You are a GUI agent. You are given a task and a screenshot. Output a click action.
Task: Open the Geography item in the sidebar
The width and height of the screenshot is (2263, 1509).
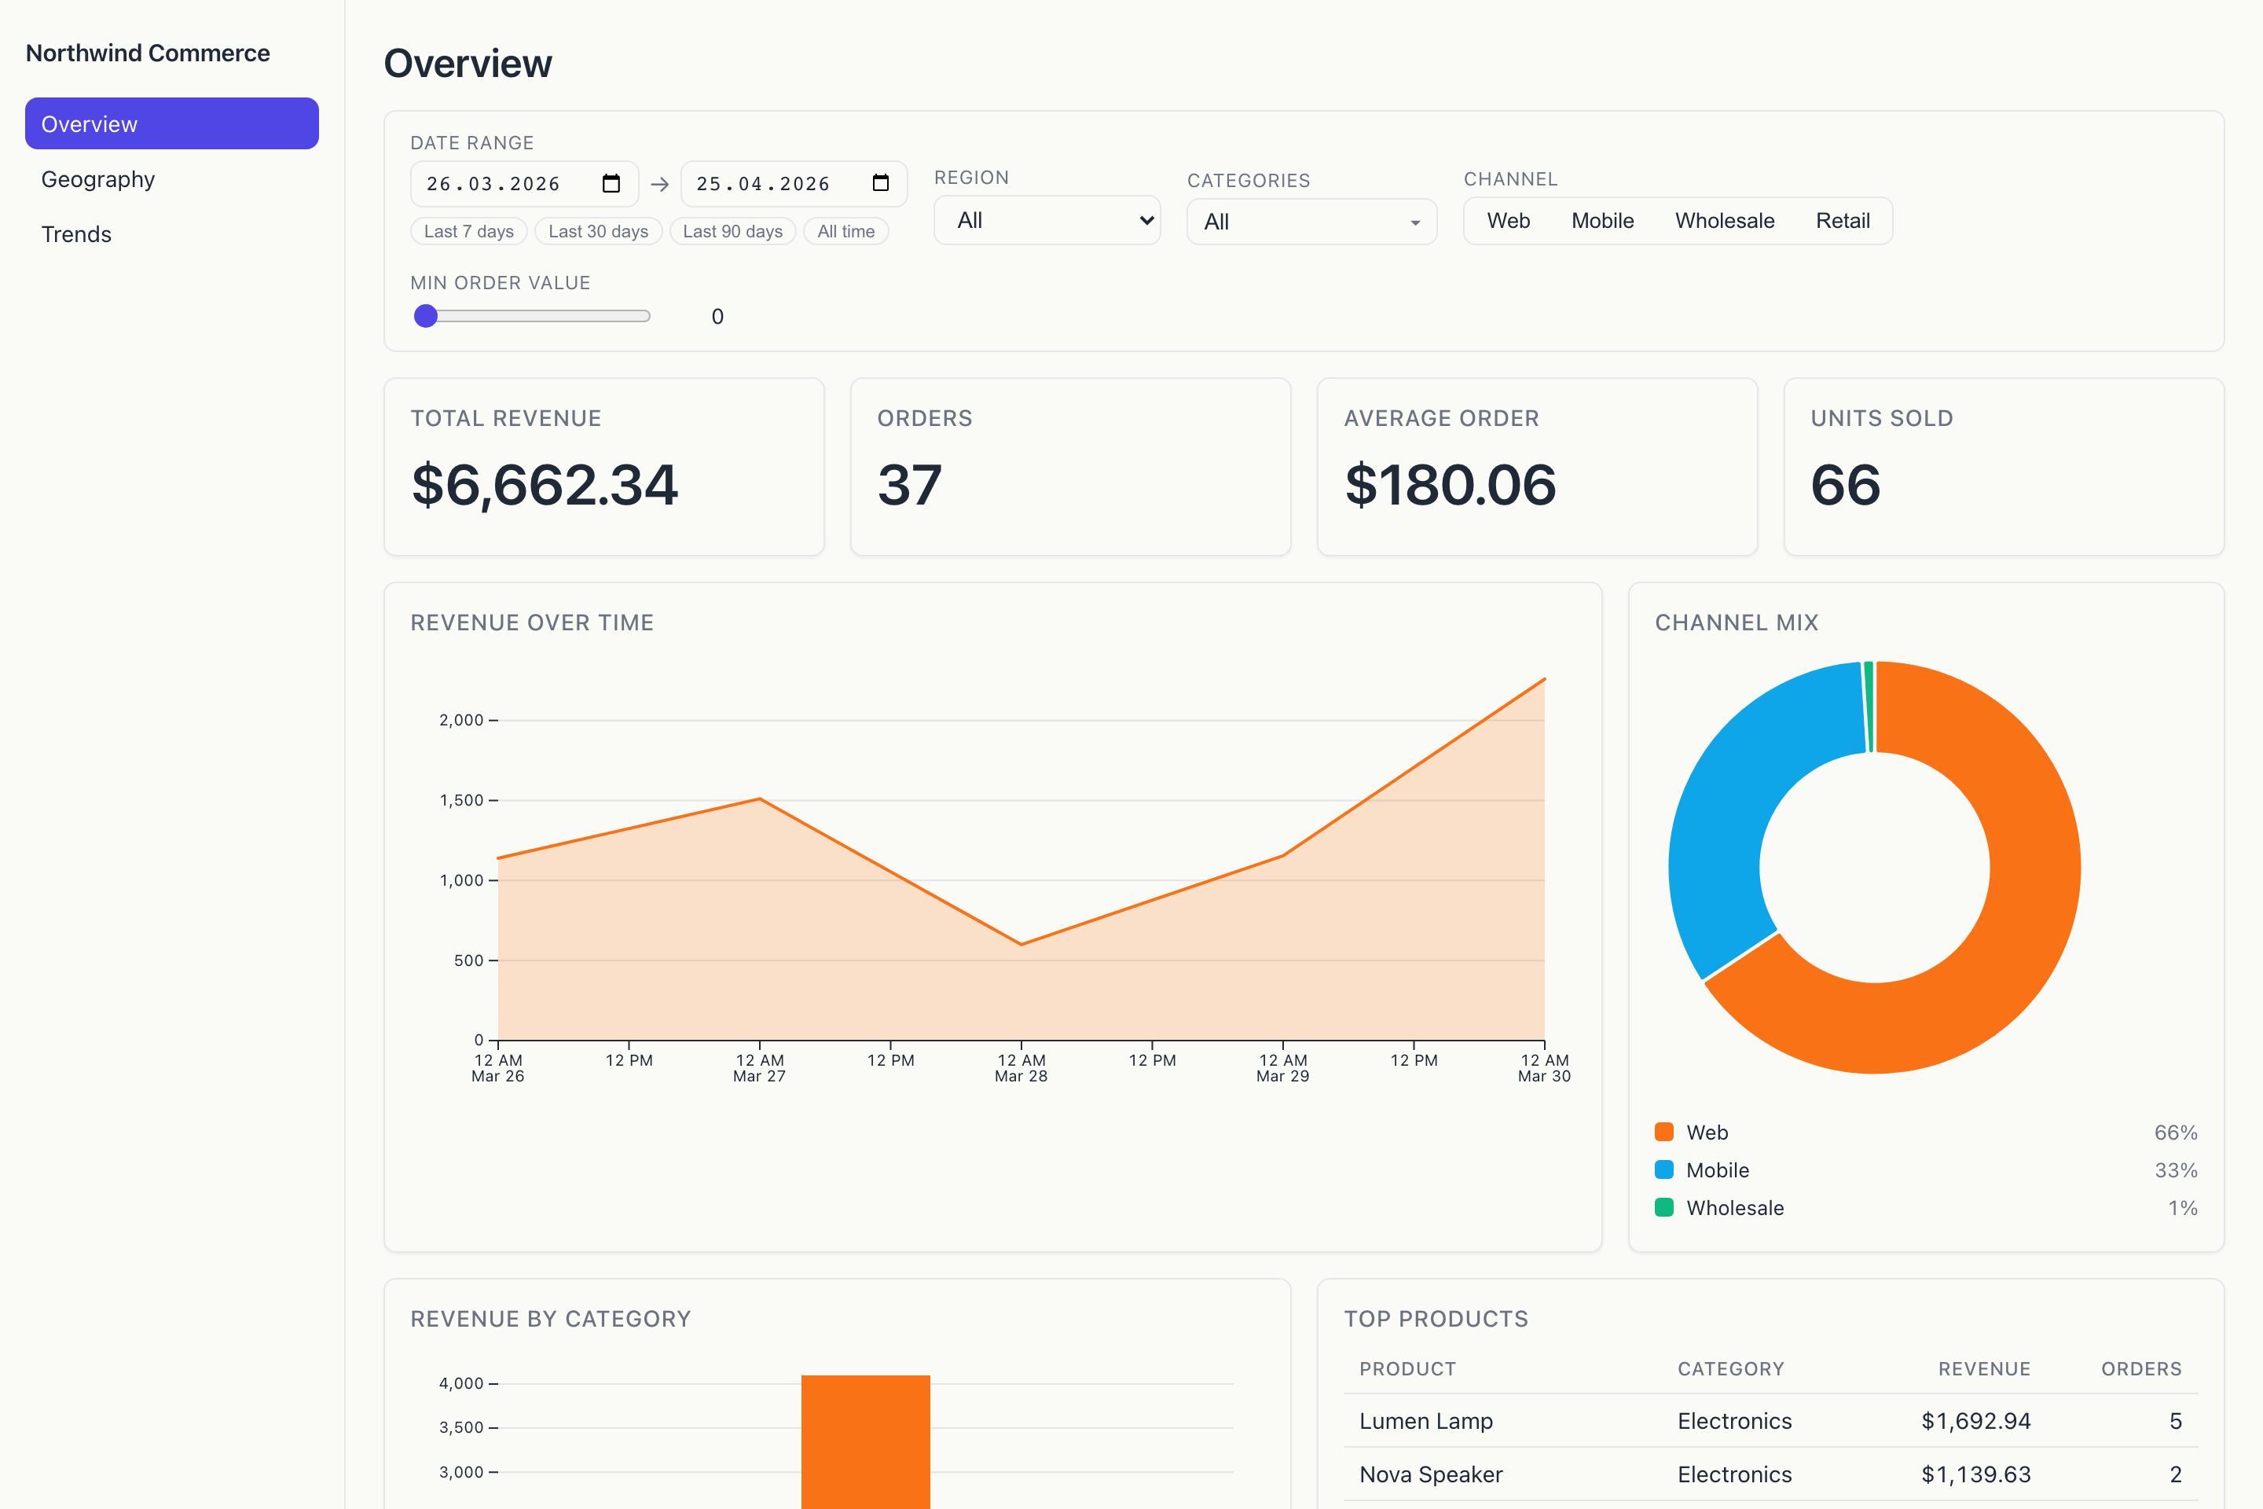(97, 179)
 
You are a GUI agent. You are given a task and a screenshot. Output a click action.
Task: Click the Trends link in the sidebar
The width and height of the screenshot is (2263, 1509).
(76, 234)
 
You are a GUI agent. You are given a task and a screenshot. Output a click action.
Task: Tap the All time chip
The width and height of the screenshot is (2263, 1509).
(845, 231)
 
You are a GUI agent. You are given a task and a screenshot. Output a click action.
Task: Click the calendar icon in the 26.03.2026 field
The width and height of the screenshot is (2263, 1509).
(611, 183)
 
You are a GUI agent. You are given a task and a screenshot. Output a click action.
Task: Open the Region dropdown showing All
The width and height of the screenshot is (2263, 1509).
(1046, 220)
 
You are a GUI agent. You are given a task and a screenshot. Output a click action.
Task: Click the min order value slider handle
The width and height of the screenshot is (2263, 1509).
(425, 316)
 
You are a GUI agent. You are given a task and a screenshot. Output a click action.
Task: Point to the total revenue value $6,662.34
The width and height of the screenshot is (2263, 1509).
(545, 484)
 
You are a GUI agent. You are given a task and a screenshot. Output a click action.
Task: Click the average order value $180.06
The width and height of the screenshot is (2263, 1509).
(1449, 484)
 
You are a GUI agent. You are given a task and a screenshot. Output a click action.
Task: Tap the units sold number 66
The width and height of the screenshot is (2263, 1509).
(1844, 484)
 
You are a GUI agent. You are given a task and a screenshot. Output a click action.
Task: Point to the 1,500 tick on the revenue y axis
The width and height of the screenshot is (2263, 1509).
(462, 800)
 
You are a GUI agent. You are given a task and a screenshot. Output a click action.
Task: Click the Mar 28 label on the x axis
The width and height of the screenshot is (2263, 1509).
(1020, 1076)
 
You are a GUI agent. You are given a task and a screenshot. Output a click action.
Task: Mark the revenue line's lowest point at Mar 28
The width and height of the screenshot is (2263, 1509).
(1021, 944)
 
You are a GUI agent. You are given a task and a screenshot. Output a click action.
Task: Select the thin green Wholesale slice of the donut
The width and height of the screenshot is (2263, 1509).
(1869, 707)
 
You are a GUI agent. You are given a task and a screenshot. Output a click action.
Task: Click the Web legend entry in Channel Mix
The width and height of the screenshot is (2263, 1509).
(1706, 1132)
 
